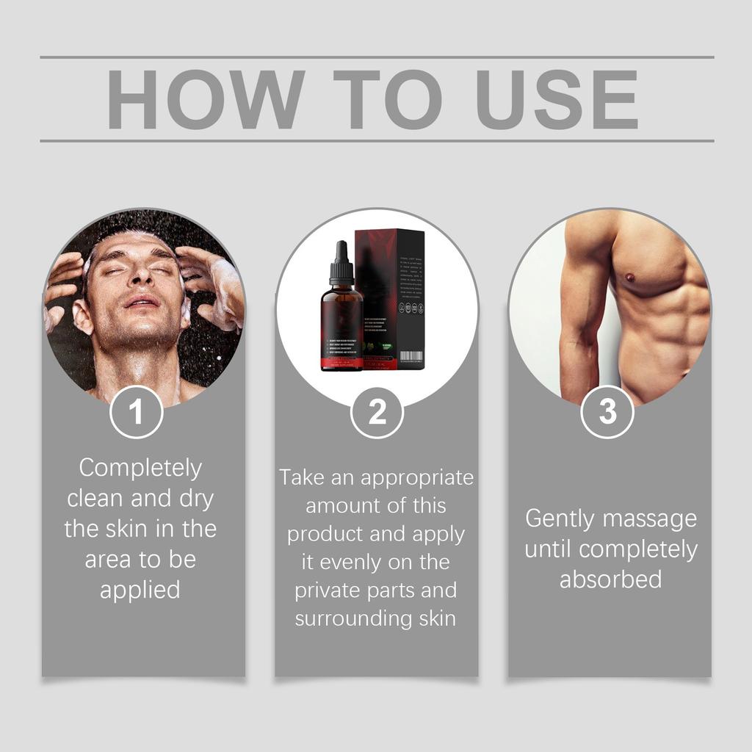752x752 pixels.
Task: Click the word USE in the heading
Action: click(556, 100)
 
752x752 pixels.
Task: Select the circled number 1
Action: click(136, 412)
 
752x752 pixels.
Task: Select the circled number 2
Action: click(377, 412)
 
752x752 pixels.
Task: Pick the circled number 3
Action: click(607, 412)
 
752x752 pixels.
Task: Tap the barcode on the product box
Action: click(411, 357)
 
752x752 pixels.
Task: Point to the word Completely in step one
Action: click(140, 468)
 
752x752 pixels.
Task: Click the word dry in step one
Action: click(196, 499)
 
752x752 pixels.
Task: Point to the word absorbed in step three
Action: click(610, 579)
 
